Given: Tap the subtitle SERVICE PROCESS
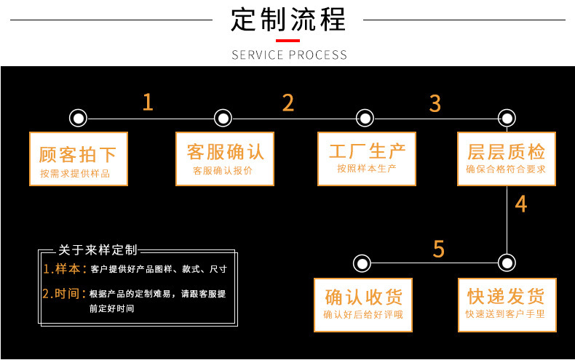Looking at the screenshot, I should (x=288, y=55).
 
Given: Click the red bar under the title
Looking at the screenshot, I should (x=288, y=41).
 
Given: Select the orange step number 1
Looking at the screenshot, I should (x=148, y=103).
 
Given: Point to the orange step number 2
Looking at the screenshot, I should (x=288, y=103).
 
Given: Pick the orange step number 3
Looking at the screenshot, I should (x=435, y=103).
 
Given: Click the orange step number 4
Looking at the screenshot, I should (x=520, y=204).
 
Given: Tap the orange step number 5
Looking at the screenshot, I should (x=438, y=249).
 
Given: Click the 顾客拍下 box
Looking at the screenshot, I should (x=78, y=159).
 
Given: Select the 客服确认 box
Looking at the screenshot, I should (x=225, y=159).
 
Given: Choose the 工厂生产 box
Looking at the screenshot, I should (x=366, y=159).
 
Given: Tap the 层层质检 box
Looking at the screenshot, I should (x=506, y=159).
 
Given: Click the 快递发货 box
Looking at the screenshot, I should (x=506, y=305).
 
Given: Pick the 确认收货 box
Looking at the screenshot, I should (x=362, y=305).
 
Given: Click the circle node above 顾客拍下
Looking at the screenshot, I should (x=78, y=118).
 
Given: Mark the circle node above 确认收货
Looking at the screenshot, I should (x=362, y=263).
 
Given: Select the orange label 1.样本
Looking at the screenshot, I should (x=64, y=269).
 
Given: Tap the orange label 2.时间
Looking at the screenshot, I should (x=64, y=294).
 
